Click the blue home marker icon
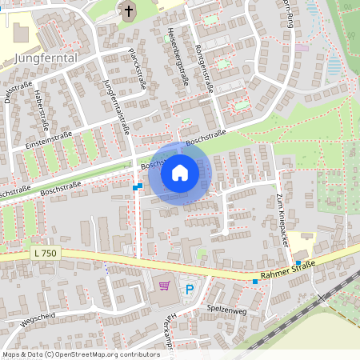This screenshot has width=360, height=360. click(180, 173)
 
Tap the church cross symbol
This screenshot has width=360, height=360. click(129, 10)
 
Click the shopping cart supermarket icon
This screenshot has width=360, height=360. click(165, 285)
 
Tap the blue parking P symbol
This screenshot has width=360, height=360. click(190, 289)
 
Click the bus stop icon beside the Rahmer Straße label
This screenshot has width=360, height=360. click(255, 281)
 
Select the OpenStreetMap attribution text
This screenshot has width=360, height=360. click(81, 354)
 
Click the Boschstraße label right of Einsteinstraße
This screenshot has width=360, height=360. click(206, 138)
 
